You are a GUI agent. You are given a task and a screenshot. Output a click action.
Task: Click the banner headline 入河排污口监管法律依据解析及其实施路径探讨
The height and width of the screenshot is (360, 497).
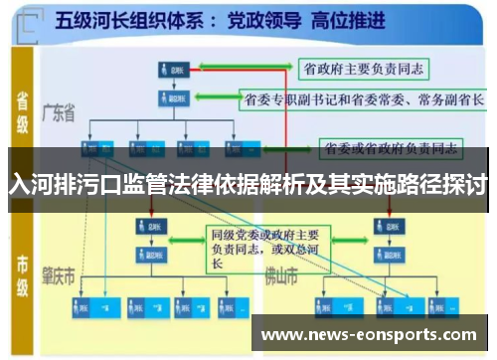click(x=248, y=184)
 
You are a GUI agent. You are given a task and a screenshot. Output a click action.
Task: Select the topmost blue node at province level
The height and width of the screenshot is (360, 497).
click(x=172, y=70)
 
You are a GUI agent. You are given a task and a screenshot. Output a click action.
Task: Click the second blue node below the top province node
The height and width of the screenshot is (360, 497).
click(x=172, y=99)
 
